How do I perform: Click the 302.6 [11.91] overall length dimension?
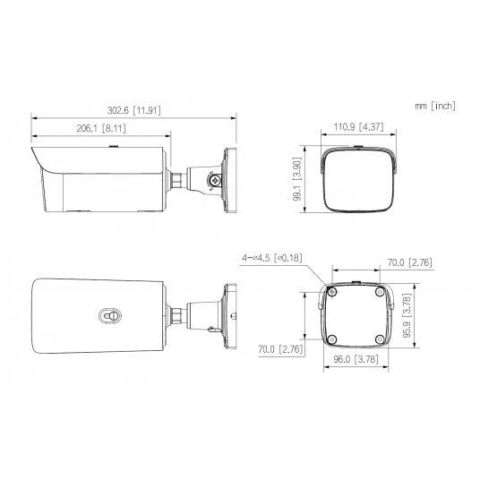click(x=133, y=110)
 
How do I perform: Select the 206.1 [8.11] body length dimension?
click(x=101, y=128)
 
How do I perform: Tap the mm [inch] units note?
click(x=435, y=106)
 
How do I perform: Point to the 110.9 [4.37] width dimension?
click(x=358, y=127)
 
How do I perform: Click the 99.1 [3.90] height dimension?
click(x=297, y=179)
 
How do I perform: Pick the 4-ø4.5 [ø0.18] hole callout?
click(x=272, y=258)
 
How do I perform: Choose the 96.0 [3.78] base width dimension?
click(x=356, y=359)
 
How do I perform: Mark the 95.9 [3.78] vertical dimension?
click(x=407, y=315)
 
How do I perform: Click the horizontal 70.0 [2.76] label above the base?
click(x=410, y=262)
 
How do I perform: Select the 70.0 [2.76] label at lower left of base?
click(x=280, y=349)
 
